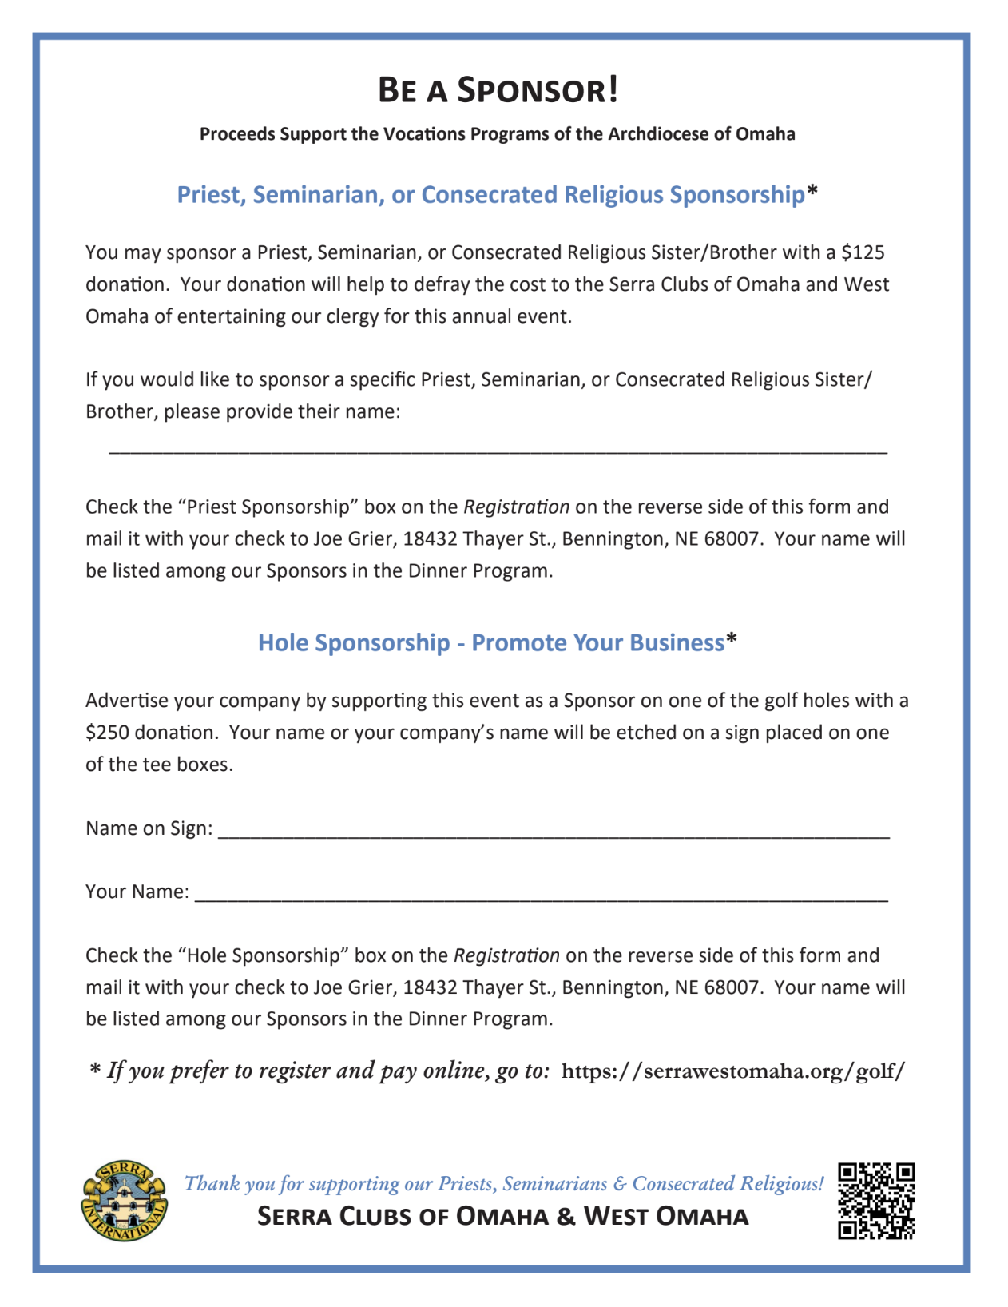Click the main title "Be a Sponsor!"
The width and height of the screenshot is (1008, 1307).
[498, 89]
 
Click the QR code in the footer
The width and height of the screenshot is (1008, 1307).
[876, 1201]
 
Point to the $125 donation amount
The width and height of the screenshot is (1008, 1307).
[863, 252]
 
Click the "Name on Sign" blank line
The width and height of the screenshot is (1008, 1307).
[553, 834]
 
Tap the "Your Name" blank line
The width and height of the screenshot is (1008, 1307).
[541, 898]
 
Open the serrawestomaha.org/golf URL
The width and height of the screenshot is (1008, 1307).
[733, 1071]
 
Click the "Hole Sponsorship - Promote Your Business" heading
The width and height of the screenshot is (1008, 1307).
[490, 642]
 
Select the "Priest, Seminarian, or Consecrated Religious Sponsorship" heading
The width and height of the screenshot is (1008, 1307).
[490, 194]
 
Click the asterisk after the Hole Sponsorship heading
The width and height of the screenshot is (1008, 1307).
[732, 641]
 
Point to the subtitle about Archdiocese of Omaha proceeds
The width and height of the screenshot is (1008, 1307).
[498, 133]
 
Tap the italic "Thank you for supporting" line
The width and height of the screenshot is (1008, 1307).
[503, 1183]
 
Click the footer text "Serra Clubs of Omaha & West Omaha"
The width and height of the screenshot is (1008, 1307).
[503, 1216]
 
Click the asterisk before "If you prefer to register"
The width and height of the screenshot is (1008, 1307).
[95, 1069]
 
